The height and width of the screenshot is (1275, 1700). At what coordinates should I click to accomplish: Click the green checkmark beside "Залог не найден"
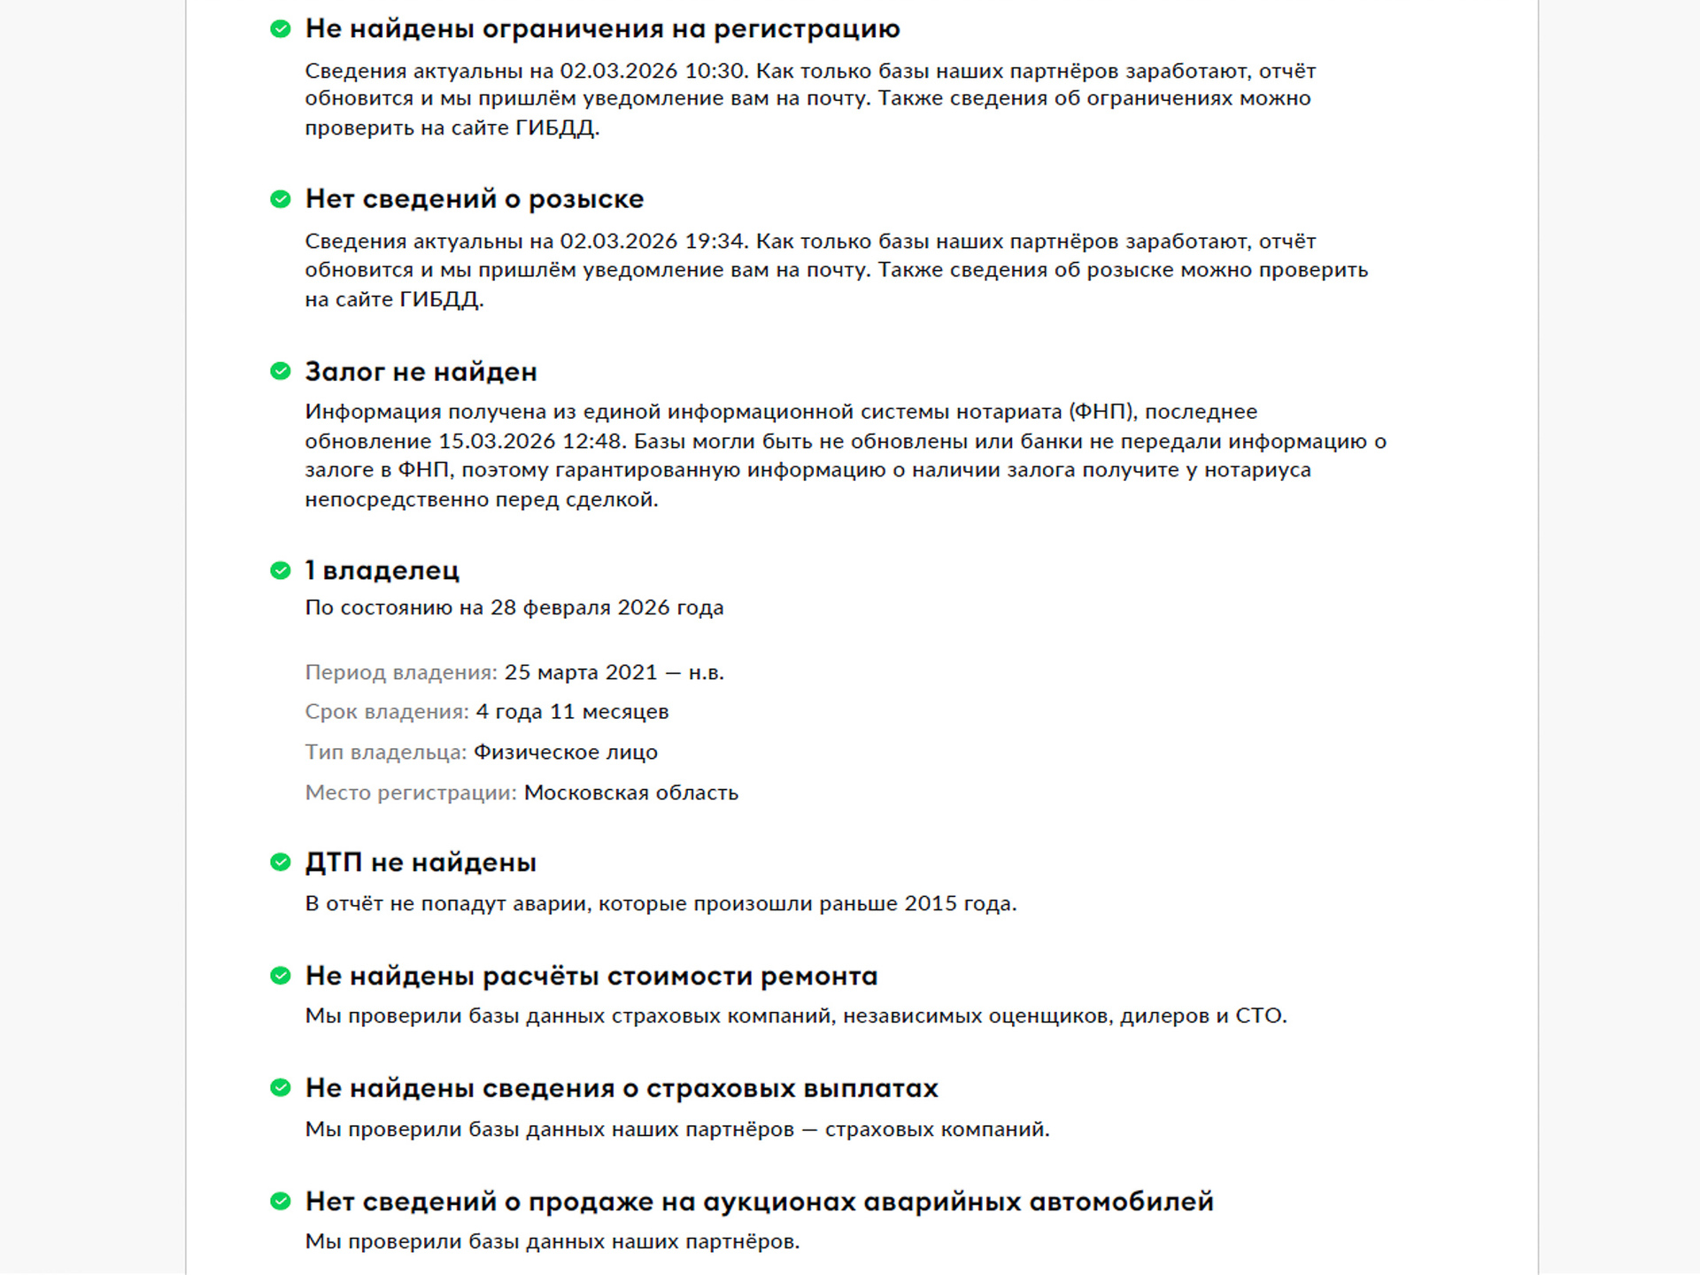[x=280, y=371]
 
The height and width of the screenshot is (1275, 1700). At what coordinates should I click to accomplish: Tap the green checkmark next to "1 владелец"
[x=280, y=570]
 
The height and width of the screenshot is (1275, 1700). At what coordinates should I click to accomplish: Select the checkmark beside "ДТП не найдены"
[x=280, y=862]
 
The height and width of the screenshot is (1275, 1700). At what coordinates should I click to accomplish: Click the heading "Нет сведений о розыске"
[x=474, y=199]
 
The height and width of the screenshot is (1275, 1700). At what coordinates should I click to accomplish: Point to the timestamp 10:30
[x=715, y=71]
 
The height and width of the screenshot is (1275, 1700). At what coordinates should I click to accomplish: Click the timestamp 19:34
[x=715, y=242]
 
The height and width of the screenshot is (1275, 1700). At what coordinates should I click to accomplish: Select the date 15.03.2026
[x=498, y=441]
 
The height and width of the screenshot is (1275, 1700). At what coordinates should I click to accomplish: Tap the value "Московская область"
[x=630, y=792]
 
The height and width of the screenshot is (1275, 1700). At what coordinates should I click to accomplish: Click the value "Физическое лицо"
[x=565, y=753]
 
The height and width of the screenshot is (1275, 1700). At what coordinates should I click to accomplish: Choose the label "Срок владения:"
[x=387, y=712]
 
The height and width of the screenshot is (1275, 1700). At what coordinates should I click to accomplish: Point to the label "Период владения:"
[x=401, y=673]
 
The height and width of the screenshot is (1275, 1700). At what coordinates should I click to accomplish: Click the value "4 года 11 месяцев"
[x=572, y=712]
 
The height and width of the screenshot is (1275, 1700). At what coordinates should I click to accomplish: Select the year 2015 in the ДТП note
[x=930, y=904]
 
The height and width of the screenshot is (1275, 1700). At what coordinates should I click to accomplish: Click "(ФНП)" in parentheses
[x=1101, y=412]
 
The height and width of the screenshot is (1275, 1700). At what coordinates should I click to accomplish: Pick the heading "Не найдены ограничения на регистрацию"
[x=602, y=29]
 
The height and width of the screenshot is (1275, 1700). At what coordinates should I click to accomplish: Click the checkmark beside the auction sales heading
[x=280, y=1202]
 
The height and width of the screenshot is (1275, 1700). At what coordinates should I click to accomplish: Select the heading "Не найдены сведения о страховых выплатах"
[x=621, y=1088]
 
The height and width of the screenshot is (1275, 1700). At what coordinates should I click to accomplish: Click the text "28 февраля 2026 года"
[x=607, y=607]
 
